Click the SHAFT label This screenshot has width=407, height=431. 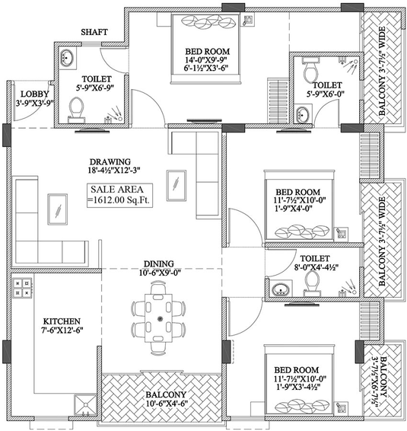click(94, 32)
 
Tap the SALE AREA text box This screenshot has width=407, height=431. click(119, 195)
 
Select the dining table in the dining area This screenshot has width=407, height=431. click(159, 318)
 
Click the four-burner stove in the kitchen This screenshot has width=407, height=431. click(22, 288)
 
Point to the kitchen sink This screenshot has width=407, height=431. click(85, 405)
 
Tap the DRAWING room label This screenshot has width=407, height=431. click(110, 161)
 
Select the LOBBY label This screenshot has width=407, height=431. click(34, 94)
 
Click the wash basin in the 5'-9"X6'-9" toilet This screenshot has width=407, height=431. click(67, 58)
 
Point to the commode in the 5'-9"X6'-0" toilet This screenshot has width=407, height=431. click(310, 70)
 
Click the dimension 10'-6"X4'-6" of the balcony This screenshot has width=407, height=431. click(167, 404)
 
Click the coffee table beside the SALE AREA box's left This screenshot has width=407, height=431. click(57, 209)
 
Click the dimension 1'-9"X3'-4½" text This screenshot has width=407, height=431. click(298, 387)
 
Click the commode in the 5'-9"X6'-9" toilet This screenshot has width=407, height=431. click(76, 110)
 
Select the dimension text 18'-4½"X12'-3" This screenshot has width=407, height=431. click(114, 171)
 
